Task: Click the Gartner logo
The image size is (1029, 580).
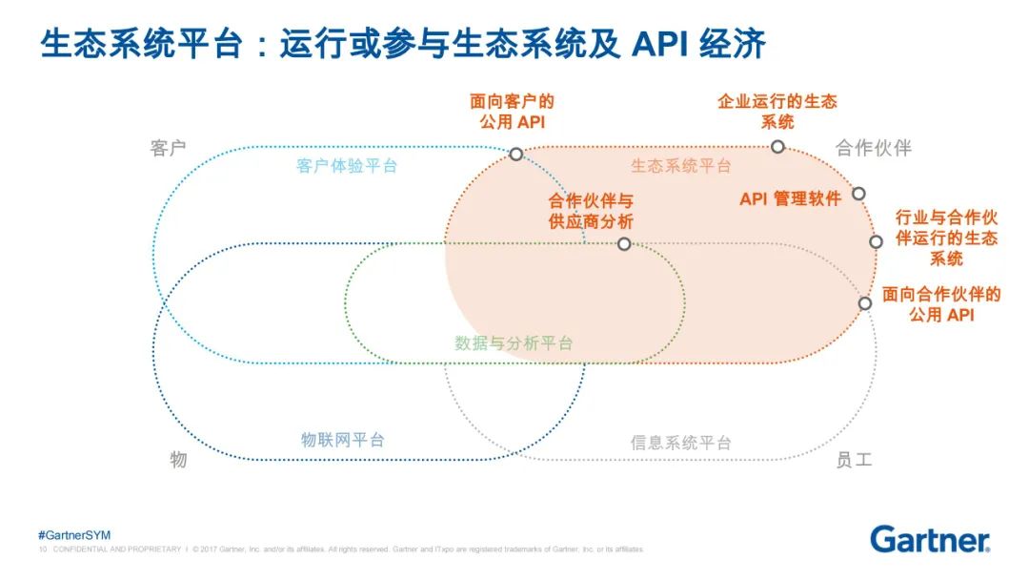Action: [930, 539]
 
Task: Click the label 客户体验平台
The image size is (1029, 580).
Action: [347, 166]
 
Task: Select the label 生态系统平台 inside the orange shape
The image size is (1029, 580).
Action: [681, 166]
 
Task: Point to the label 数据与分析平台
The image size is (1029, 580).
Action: [514, 343]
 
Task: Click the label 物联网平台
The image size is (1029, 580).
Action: [343, 440]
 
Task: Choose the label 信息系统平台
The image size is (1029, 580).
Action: [681, 443]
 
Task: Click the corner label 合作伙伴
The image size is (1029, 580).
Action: [874, 148]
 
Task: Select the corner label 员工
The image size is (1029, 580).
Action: [854, 460]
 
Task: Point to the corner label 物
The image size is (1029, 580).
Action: [178, 460]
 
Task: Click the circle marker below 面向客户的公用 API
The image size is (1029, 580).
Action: [516, 154]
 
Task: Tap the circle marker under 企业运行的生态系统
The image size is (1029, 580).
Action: [777, 146]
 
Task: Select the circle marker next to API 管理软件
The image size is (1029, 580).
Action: [858, 194]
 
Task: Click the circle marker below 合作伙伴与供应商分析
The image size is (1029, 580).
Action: [624, 244]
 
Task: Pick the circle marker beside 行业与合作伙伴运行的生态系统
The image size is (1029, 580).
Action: [877, 241]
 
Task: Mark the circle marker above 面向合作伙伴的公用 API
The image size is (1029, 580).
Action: [865, 303]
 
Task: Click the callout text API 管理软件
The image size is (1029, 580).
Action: [790, 199]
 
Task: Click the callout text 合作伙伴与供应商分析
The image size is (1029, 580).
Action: [591, 211]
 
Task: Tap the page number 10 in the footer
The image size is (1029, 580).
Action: [43, 549]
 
